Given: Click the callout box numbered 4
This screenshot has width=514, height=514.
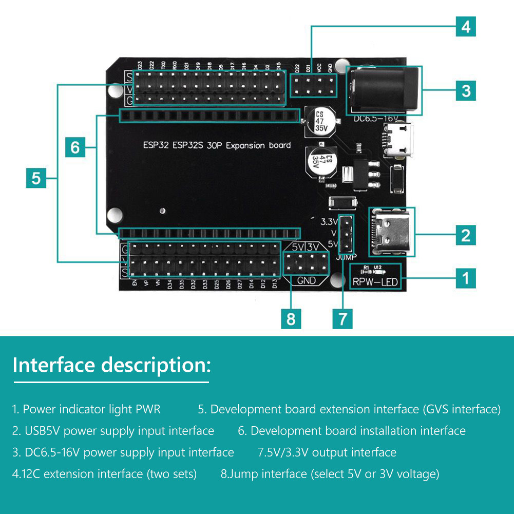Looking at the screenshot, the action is click(x=466, y=26).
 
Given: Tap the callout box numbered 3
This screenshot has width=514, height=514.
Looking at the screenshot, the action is click(x=466, y=91).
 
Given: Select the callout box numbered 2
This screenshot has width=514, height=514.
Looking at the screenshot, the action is click(x=466, y=235).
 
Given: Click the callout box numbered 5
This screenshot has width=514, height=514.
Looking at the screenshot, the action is click(x=36, y=178).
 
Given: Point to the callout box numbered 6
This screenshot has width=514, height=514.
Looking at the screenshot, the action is click(x=75, y=147).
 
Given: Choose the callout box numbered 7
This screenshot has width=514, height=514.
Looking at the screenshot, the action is click(x=342, y=318).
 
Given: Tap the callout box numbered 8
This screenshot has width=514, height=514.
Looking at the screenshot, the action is click(x=291, y=318).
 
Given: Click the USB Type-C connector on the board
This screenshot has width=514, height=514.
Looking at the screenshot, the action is click(x=392, y=232).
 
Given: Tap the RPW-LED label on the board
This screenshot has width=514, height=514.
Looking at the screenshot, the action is click(x=375, y=281).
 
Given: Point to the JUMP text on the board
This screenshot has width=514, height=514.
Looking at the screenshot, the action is click(x=346, y=257).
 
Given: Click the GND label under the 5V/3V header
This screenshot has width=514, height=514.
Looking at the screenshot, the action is click(x=307, y=281).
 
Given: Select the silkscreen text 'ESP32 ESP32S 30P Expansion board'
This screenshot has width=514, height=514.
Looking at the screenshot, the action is click(x=217, y=145).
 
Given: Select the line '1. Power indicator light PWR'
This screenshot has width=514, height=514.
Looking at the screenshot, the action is click(x=87, y=409).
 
